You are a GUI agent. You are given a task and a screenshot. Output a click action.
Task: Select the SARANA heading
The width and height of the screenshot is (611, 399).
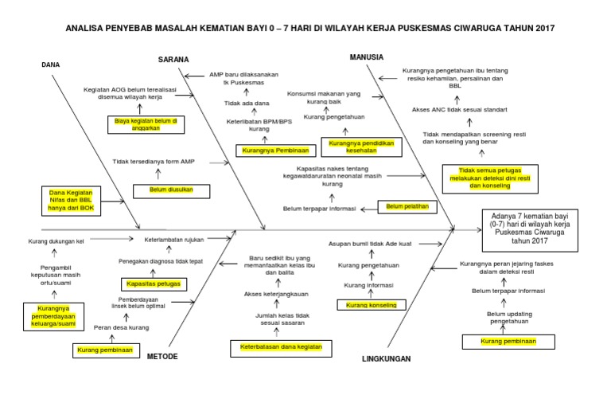[x=173, y=59]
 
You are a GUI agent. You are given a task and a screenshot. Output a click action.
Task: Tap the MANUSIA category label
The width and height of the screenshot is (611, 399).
[x=367, y=57]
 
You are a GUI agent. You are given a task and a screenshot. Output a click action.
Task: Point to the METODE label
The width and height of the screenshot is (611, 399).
[x=162, y=356]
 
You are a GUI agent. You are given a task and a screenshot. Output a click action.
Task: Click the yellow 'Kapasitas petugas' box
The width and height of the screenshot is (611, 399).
[x=152, y=284]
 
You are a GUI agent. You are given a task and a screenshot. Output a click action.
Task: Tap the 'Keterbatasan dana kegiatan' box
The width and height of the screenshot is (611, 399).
[x=281, y=347]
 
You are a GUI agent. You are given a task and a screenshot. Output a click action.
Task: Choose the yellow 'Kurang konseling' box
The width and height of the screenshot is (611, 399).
[x=371, y=304]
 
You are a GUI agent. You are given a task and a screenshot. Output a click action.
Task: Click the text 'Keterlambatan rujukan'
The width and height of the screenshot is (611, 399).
[x=174, y=239]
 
